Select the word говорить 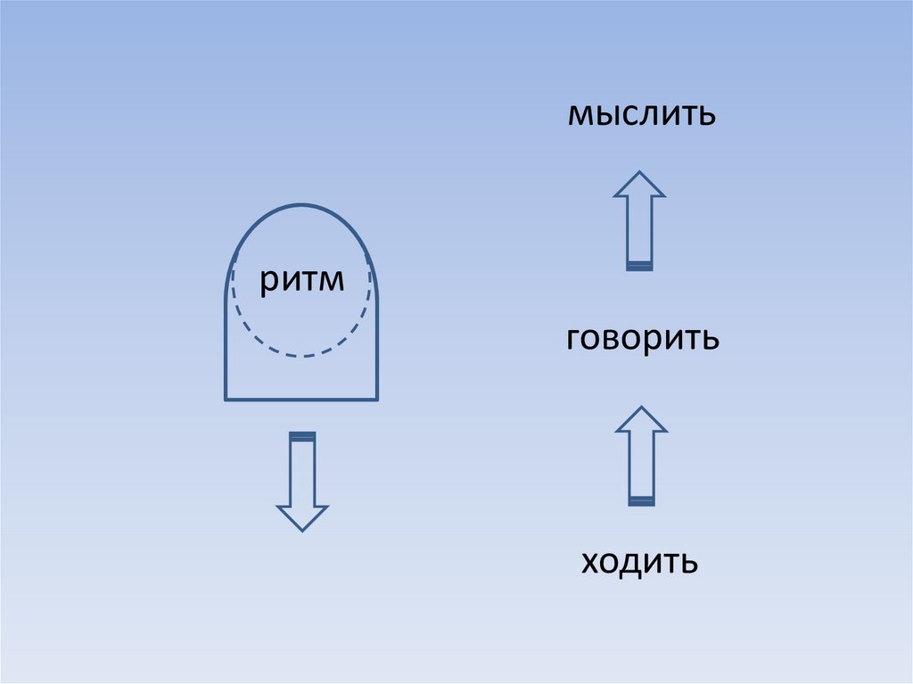pos(642,340)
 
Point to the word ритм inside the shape pos(302,281)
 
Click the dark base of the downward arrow pos(302,435)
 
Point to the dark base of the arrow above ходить pos(641,501)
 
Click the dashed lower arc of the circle pos(302,356)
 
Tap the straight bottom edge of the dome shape pos(302,398)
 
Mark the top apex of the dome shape pos(302,204)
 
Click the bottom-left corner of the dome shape pos(225,398)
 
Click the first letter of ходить pos(588,563)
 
